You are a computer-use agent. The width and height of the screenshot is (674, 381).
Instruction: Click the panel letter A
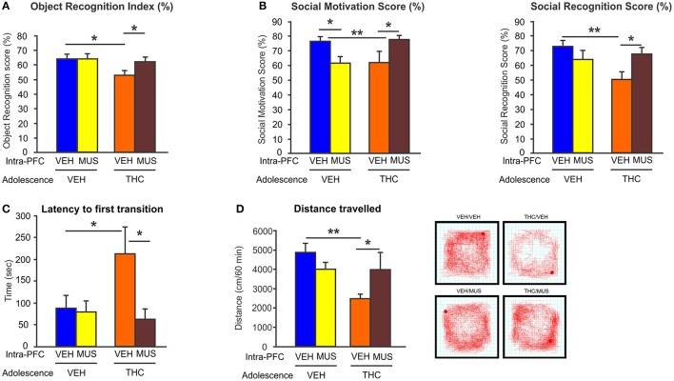point(9,7)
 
